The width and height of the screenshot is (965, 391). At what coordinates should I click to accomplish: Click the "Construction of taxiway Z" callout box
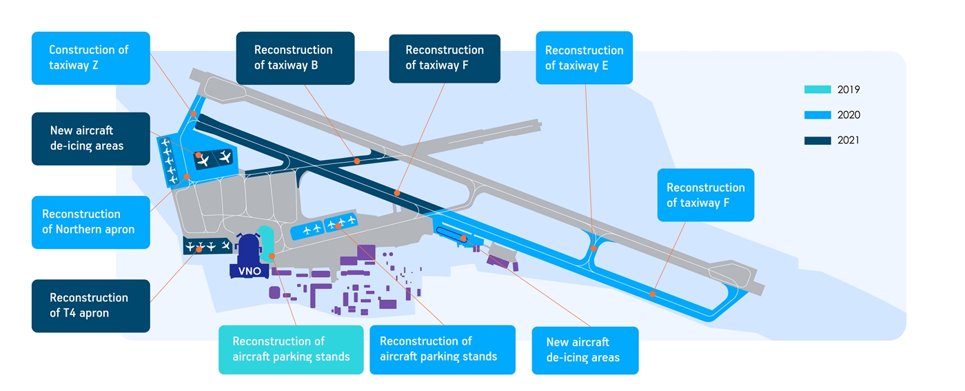tap(90, 58)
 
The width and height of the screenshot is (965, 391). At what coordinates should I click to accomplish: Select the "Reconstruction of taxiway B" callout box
tap(295, 58)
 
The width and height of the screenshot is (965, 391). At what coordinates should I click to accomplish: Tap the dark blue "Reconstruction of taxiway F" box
tap(444, 58)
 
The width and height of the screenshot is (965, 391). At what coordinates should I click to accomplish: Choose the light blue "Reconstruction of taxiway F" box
tap(705, 195)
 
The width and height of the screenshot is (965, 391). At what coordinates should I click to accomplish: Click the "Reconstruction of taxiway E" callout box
tap(584, 58)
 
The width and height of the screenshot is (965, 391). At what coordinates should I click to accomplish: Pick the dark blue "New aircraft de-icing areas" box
tap(90, 138)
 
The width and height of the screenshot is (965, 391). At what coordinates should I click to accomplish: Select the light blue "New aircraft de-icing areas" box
tap(585, 350)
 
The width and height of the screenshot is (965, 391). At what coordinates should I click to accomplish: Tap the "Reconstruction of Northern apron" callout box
tap(90, 222)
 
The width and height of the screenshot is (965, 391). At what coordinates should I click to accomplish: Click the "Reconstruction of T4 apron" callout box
tap(90, 305)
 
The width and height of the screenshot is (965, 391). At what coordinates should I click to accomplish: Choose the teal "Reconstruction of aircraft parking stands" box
tap(291, 349)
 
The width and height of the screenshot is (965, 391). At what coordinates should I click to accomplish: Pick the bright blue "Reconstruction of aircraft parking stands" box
tap(442, 349)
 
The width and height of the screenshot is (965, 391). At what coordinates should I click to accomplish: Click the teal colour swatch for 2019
tap(817, 90)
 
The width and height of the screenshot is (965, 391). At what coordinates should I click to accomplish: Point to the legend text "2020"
tap(849, 115)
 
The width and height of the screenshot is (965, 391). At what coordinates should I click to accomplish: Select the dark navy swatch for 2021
tap(817, 141)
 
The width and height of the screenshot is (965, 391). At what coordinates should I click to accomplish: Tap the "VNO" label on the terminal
tap(249, 271)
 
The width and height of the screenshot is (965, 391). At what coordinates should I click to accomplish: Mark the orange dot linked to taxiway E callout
tap(593, 248)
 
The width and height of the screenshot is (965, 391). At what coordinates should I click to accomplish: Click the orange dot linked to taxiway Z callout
tap(194, 114)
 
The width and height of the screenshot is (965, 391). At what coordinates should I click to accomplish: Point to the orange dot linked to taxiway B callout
tap(357, 161)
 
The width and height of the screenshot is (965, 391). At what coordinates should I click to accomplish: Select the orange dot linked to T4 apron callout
tap(199, 249)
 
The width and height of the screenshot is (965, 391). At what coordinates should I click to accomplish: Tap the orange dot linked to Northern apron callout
tap(187, 177)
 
